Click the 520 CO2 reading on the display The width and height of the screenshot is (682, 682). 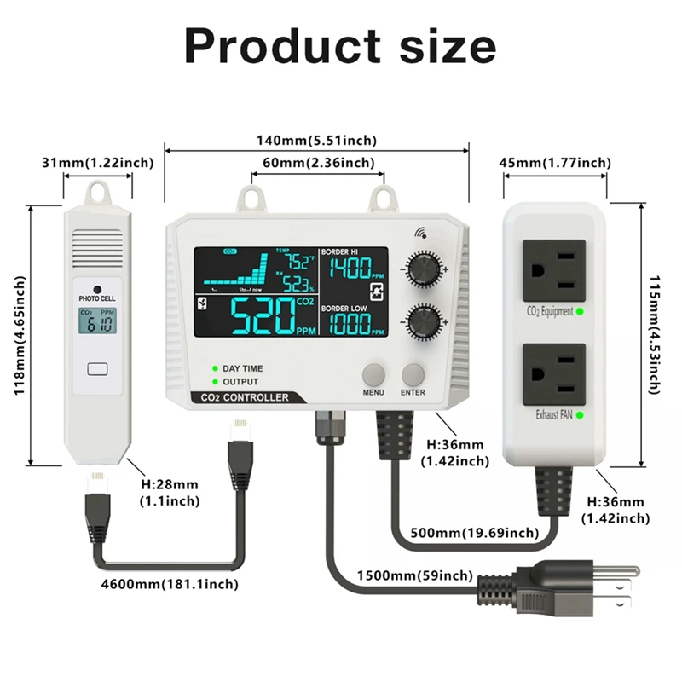(x=264, y=317)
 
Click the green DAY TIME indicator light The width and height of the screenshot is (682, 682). (x=217, y=368)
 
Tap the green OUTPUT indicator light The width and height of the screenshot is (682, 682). (x=217, y=381)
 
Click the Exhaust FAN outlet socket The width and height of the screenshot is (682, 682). (x=555, y=373)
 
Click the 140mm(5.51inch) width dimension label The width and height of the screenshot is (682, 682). (x=316, y=140)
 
